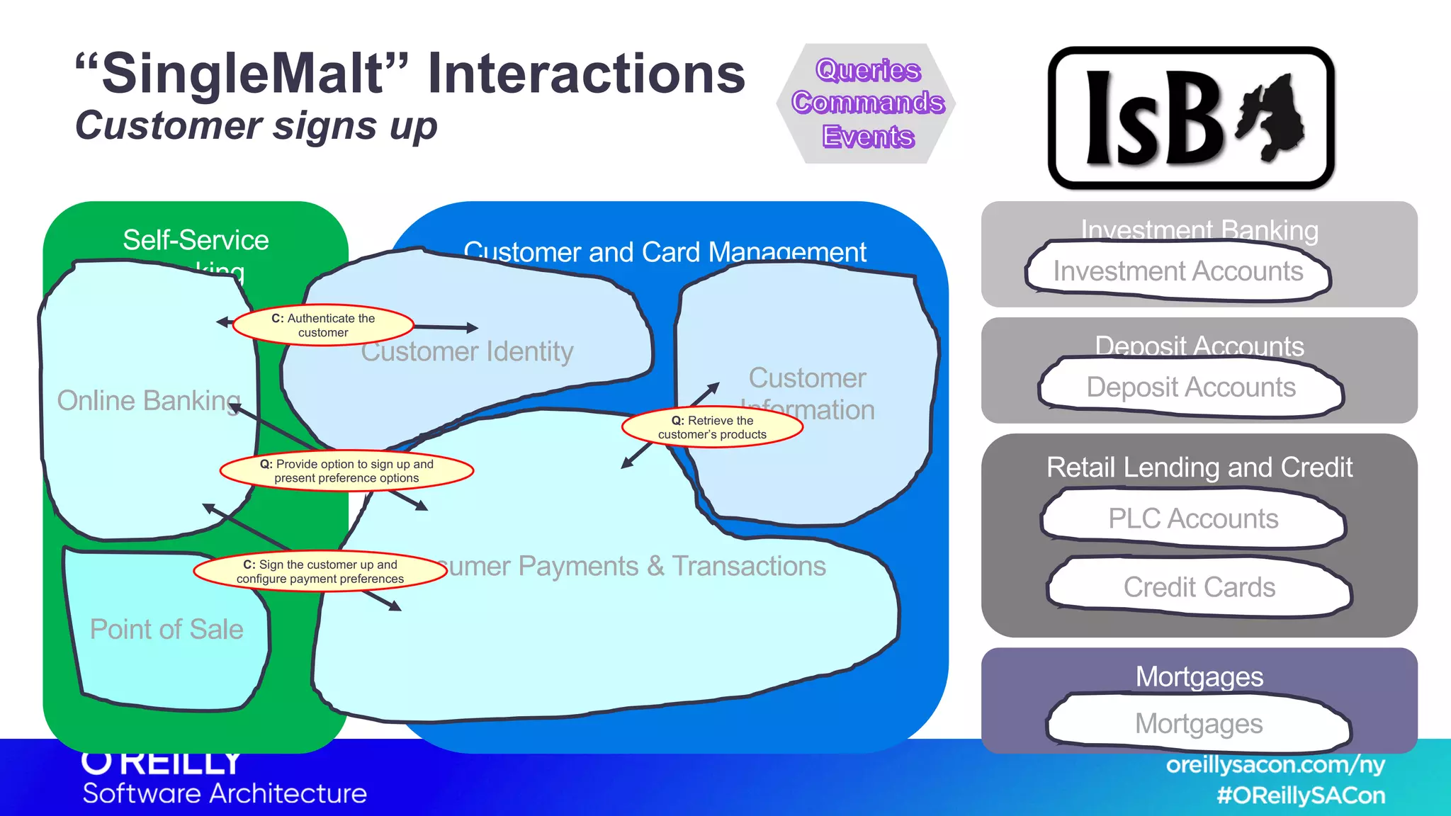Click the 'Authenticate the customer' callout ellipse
click(323, 326)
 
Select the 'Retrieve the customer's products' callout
click(712, 428)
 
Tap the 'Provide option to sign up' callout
click(346, 471)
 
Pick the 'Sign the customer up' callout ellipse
click(320, 572)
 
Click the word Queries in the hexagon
click(868, 70)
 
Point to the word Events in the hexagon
click(868, 136)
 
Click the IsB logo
click(1191, 118)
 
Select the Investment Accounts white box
click(1178, 271)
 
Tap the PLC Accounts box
click(1193, 518)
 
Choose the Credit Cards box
click(1199, 586)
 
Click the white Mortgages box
click(1199, 723)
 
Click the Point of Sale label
click(166, 629)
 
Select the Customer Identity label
click(468, 352)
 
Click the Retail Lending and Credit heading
click(1199, 467)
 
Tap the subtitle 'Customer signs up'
click(256, 126)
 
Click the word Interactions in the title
click(587, 74)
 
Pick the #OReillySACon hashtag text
click(1301, 795)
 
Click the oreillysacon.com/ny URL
click(1275, 765)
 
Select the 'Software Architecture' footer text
click(225, 793)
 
